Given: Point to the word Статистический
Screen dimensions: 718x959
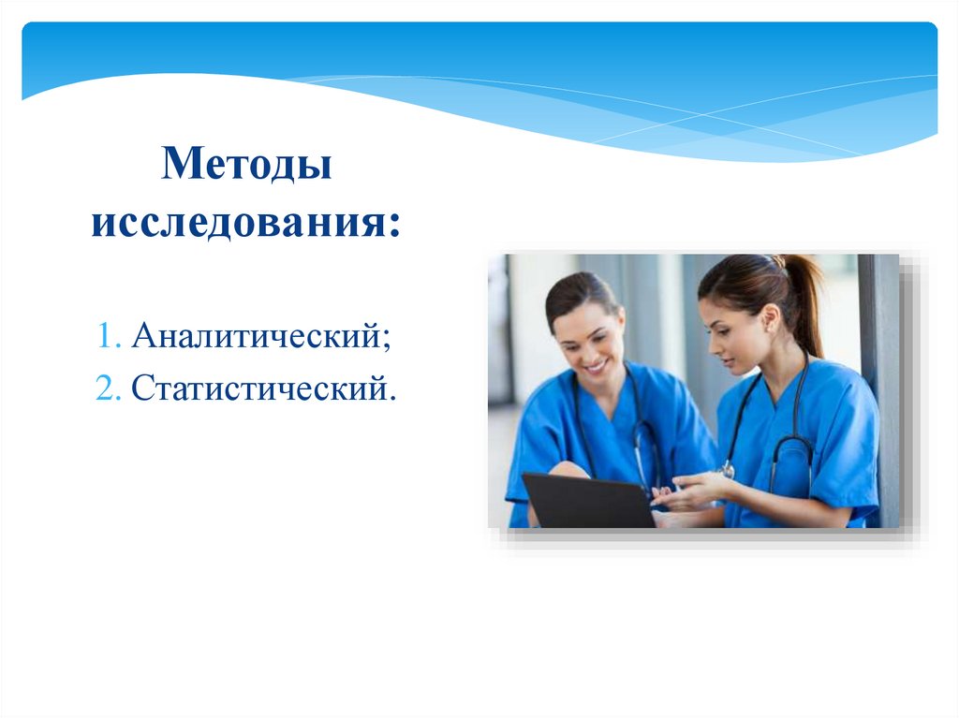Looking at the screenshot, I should click(258, 387).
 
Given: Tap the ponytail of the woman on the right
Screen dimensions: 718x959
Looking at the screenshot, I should click(805, 300).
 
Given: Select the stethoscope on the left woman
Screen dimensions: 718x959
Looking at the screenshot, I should click(637, 431).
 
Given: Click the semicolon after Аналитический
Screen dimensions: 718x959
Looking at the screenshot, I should click(385, 337).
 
